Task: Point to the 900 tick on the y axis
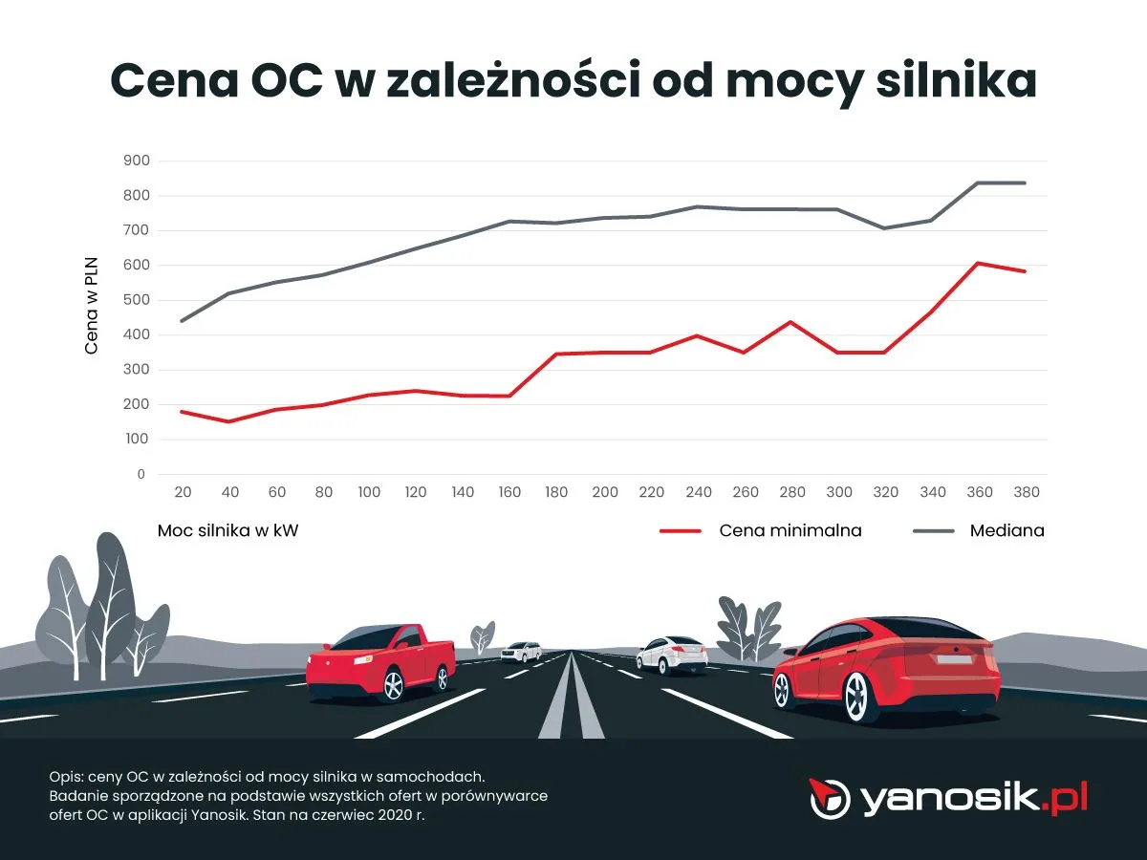(137, 161)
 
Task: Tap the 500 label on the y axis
(137, 300)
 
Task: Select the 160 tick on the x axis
(509, 492)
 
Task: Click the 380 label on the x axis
(1026, 492)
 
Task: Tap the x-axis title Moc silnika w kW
(227, 530)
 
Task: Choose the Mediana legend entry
(1006, 530)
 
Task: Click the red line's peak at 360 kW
(978, 263)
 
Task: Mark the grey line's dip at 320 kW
(884, 227)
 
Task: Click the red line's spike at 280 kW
(790, 321)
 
